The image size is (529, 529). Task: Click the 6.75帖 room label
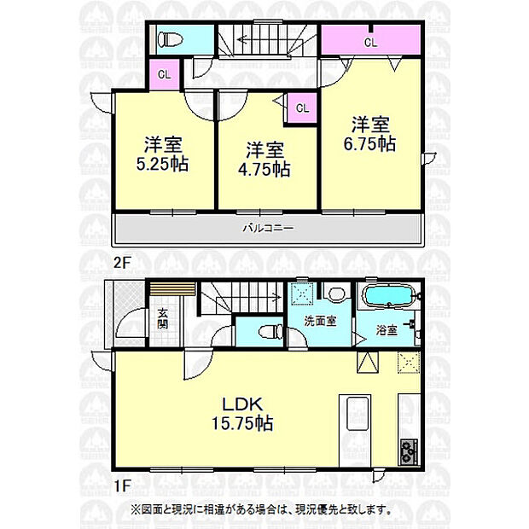click(369, 144)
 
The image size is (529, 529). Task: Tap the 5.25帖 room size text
click(162, 164)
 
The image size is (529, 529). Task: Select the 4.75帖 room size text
click(264, 169)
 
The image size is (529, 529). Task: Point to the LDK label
click(242, 404)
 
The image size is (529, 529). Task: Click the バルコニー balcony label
click(269, 228)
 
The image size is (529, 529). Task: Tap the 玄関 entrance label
click(163, 319)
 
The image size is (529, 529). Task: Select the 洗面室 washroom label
click(320, 321)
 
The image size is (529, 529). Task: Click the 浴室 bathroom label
click(387, 330)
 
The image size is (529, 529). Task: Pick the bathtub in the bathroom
click(389, 296)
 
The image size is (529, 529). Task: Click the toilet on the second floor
click(171, 40)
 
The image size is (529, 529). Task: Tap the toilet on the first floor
click(271, 331)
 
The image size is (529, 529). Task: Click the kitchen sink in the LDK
click(358, 414)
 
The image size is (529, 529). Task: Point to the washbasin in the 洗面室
click(335, 294)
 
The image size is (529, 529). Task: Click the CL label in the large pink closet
click(370, 43)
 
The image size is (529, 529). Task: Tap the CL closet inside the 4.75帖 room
click(302, 108)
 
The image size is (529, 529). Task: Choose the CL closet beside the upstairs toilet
click(165, 74)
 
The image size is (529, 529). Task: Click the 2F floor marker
click(121, 263)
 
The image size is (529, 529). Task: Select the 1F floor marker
click(121, 485)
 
